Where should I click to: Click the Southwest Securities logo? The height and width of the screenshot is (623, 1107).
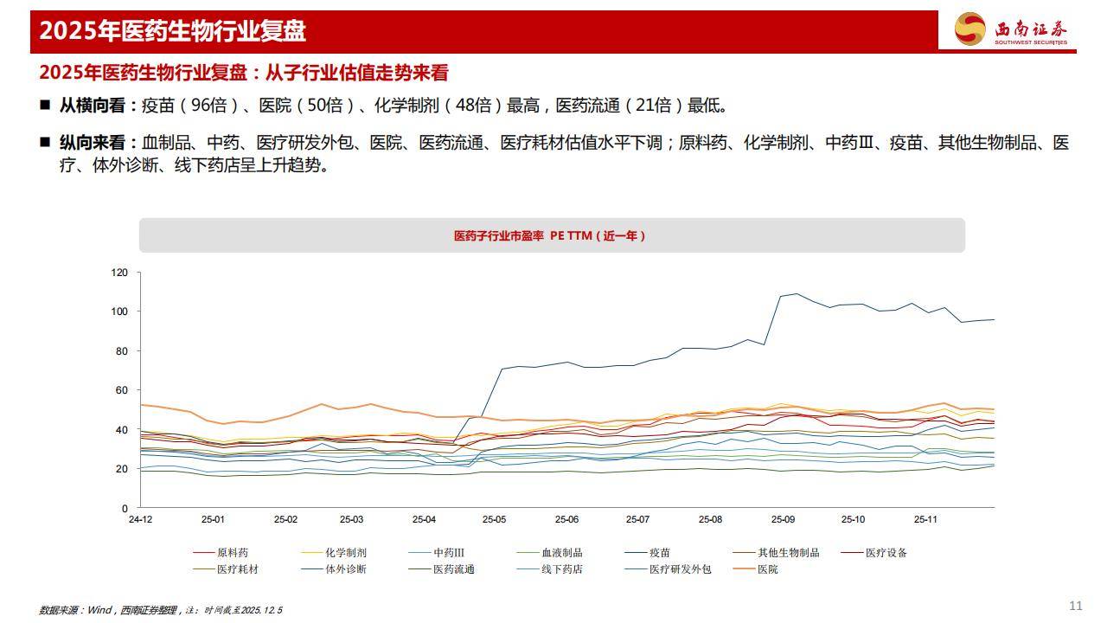coord(1010,29)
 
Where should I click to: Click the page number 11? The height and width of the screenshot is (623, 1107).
coord(1076,606)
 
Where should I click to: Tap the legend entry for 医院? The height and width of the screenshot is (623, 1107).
coord(767,569)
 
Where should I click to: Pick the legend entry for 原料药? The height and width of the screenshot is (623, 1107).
coord(232,552)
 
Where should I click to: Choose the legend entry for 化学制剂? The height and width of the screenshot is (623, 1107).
coord(346,552)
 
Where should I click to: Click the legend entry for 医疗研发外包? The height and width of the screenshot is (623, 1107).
coord(680,569)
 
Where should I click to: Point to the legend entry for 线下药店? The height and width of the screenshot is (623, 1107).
coord(561,569)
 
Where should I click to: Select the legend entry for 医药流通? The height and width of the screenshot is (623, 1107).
coord(453,569)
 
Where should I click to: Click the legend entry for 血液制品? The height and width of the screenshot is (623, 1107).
coord(561,552)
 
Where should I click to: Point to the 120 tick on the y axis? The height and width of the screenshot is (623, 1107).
coord(119,273)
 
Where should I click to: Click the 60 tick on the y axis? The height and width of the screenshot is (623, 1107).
coord(122,390)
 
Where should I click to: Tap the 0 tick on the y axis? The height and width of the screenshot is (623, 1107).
coord(125,508)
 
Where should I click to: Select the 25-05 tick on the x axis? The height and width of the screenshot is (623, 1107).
coord(494,519)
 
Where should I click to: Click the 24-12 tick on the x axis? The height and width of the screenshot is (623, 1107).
coord(140,519)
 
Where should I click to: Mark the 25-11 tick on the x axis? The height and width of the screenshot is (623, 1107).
coord(925,519)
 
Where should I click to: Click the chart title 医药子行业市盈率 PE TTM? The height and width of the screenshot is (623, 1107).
coord(551,235)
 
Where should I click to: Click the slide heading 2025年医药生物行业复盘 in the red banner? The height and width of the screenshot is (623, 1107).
coord(173,31)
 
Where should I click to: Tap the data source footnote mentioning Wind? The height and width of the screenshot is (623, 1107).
coord(161,610)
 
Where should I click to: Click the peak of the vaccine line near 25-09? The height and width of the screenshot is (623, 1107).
coord(797,293)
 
